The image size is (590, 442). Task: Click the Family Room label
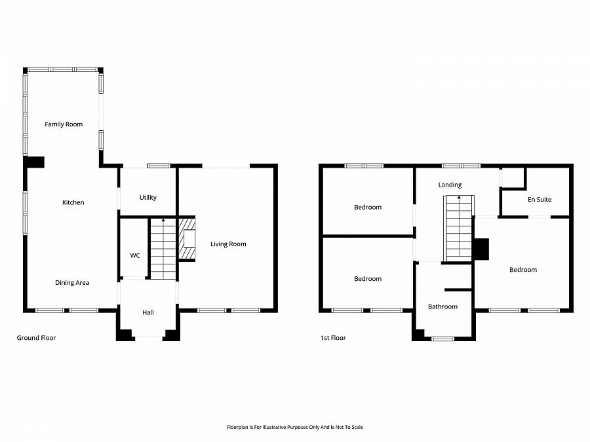pyautogui.click(x=64, y=124)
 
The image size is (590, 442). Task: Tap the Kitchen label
pyautogui.click(x=73, y=202)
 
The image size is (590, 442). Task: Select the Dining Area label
pyautogui.click(x=72, y=283)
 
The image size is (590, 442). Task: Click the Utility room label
pyautogui.click(x=147, y=198)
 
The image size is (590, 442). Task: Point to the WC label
pyautogui.click(x=134, y=255)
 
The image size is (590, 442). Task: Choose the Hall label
pyautogui.click(x=147, y=313)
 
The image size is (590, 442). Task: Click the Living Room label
pyautogui.click(x=228, y=244)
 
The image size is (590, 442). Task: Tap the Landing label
pyautogui.click(x=450, y=185)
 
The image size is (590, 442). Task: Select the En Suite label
pyautogui.click(x=539, y=200)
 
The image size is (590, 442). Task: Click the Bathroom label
pyautogui.click(x=442, y=306)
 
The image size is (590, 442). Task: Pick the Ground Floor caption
pyautogui.click(x=36, y=338)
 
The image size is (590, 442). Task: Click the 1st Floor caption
pyautogui.click(x=333, y=338)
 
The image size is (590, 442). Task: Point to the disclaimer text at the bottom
pyautogui.click(x=294, y=427)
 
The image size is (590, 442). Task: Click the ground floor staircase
pyautogui.click(x=163, y=248)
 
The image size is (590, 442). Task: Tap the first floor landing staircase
pyautogui.click(x=459, y=228)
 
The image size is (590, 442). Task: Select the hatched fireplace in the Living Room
pyautogui.click(x=187, y=238)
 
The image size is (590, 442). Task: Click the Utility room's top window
pyautogui.click(x=159, y=166)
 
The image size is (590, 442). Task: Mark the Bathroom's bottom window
pyautogui.click(x=443, y=339)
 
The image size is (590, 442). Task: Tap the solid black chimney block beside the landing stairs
pyautogui.click(x=481, y=249)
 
